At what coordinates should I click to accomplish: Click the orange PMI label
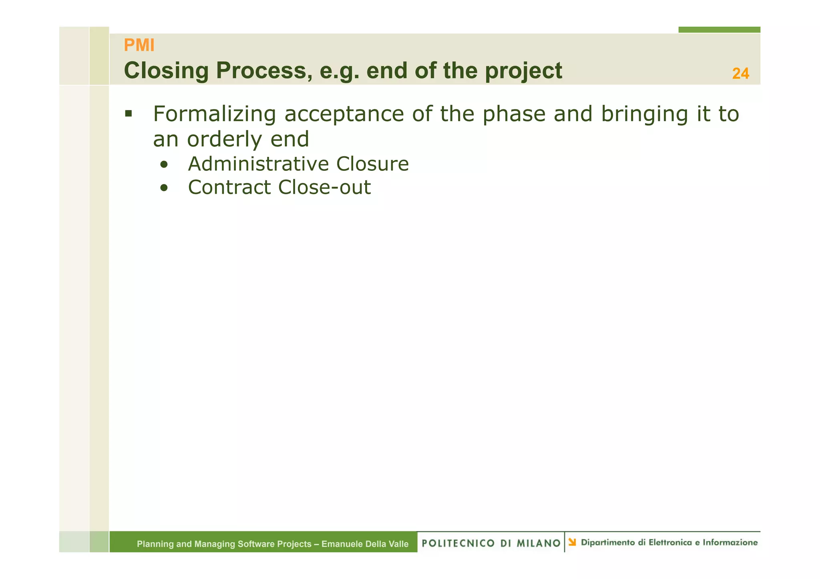139,45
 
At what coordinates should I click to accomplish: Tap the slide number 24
740,74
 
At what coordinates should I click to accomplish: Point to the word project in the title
523,72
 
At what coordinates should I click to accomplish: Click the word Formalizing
214,114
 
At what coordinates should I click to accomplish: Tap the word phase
514,114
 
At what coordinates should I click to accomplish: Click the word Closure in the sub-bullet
372,164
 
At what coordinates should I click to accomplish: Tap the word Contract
229,187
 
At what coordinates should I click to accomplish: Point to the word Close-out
324,187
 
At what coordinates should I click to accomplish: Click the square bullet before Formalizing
128,114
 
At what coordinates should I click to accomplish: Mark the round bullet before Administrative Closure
163,164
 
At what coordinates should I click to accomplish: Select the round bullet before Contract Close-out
163,188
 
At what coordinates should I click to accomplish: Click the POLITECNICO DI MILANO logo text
491,543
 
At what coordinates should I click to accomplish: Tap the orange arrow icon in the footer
572,542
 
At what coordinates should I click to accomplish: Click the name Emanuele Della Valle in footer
365,544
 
